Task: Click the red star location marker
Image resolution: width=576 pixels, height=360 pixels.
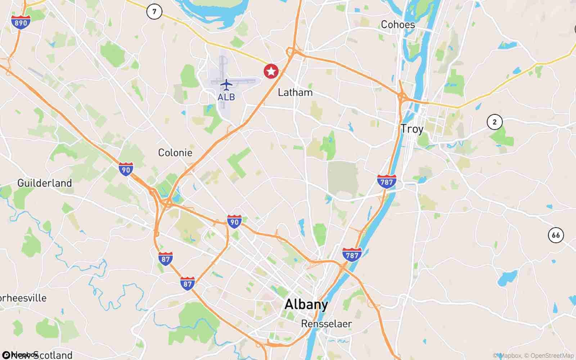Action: coord(271,71)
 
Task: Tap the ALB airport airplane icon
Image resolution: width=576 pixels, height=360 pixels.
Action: coord(226,85)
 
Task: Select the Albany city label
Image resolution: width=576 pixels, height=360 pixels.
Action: coord(306,305)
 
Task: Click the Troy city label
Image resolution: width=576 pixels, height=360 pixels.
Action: coord(412,129)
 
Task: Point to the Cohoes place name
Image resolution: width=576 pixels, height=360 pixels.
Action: coord(398,24)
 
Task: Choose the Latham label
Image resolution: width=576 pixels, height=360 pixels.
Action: coord(295,93)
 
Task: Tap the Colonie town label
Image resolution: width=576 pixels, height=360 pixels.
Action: coord(175,153)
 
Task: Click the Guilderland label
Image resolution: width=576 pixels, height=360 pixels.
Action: coord(45,183)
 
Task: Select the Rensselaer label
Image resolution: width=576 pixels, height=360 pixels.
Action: coord(327,324)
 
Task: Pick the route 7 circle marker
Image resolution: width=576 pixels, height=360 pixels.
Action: coord(154,12)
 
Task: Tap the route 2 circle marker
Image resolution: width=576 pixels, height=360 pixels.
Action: coord(494,122)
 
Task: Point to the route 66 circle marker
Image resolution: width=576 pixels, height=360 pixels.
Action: coord(556,235)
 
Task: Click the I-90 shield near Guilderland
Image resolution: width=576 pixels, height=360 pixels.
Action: coord(126,169)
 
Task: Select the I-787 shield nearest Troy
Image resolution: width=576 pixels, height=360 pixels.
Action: coord(387,181)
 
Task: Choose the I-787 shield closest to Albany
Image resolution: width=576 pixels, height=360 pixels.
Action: coord(352,254)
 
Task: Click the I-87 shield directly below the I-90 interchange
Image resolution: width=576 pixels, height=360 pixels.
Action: coord(165,258)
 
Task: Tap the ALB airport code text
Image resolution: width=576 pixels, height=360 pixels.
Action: coord(226,97)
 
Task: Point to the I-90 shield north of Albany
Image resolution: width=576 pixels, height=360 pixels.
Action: coord(234,221)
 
